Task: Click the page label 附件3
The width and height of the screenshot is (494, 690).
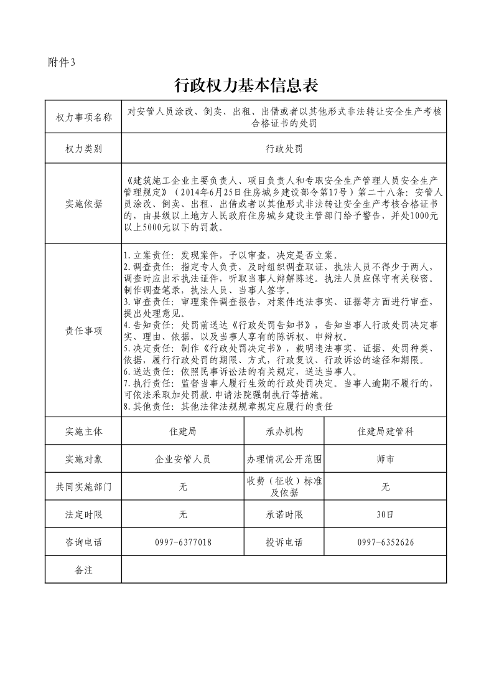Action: coord(61,62)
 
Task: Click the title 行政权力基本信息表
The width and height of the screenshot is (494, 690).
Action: coord(246,85)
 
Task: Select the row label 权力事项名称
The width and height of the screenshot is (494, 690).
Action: coord(83,118)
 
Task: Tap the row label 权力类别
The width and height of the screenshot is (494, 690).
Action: coord(83,149)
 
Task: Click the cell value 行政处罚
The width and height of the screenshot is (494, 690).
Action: coord(284,149)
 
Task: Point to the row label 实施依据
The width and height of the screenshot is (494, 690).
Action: coord(83,204)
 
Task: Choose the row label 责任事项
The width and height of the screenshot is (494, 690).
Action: coord(83,331)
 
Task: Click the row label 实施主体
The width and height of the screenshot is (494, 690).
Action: coord(83,431)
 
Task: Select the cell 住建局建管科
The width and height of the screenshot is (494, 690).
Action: coord(385,431)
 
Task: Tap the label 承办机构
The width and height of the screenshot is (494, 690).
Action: coord(284,431)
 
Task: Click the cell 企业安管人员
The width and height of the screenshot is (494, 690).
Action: coord(183,460)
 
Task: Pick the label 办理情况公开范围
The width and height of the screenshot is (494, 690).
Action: coord(284,460)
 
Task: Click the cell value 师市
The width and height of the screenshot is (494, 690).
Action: coord(385,460)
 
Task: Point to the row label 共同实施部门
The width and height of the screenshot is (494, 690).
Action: coord(83,487)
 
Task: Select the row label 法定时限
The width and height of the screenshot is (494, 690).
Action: coord(83,515)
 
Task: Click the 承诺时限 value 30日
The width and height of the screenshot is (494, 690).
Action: coord(385,515)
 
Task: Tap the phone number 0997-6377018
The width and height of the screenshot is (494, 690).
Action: coord(183,542)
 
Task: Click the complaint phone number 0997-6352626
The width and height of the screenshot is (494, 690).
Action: coord(385,542)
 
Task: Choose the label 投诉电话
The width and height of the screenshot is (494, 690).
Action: coord(284,542)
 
